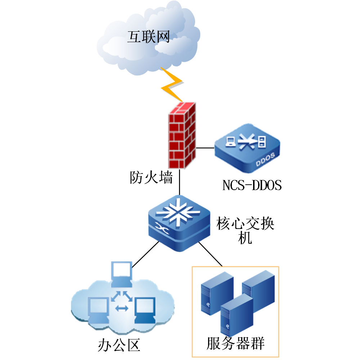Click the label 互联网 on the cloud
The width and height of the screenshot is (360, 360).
pos(148,37)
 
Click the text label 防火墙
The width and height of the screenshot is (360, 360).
pos(151,177)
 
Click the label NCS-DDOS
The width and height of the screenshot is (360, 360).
pos(252,185)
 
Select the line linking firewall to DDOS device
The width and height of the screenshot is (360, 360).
pos(205,148)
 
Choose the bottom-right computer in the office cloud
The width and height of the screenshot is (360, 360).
pos(145,310)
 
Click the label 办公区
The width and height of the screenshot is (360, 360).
pos(118,345)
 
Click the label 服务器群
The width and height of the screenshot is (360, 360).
pos(236,343)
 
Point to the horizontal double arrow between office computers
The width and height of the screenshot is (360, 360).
pos(122,308)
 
